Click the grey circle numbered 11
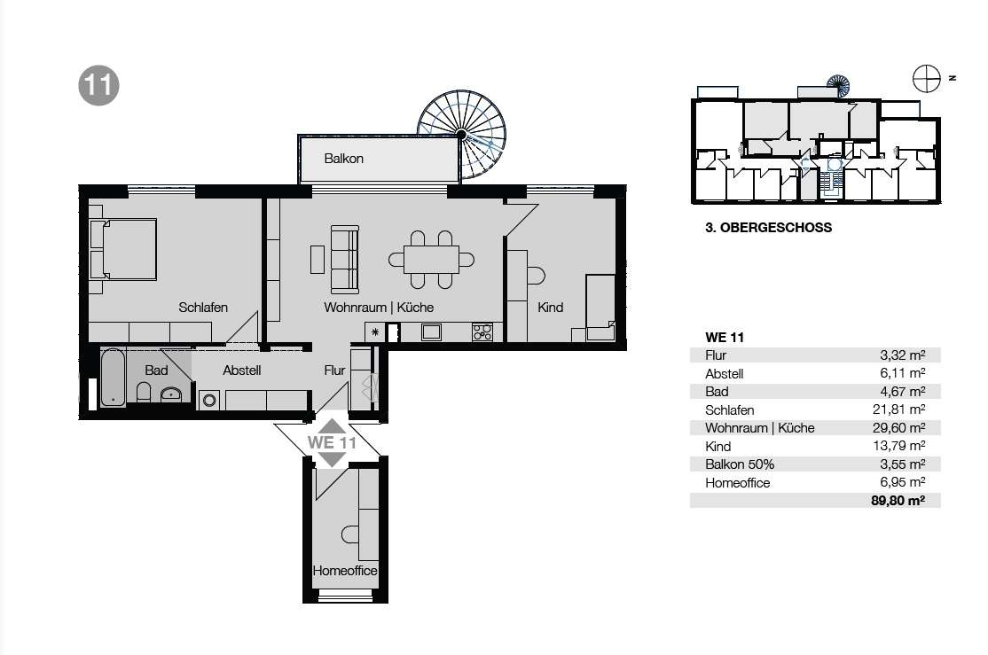(99, 86)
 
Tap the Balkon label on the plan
(343, 159)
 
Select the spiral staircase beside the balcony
(462, 134)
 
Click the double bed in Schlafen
(123, 249)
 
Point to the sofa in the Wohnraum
(345, 259)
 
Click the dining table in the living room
(432, 260)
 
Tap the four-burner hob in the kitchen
(482, 331)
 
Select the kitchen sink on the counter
(431, 331)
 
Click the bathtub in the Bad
(113, 378)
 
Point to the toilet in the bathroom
(144, 393)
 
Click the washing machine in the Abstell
(209, 400)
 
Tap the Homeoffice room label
(345, 571)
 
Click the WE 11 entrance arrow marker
(332, 443)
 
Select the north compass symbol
(926, 79)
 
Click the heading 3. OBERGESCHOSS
(768, 228)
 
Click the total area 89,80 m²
(898, 501)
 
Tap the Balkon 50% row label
(740, 464)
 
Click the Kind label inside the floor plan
(550, 308)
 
